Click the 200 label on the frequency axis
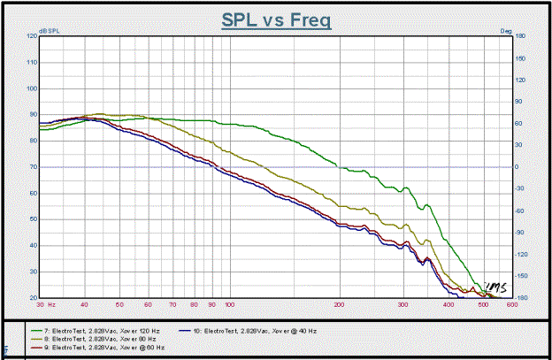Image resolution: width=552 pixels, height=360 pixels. tap(340, 303)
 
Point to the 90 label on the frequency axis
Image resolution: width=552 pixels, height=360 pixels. tap(211, 303)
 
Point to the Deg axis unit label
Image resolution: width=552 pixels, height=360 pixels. tap(506, 31)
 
